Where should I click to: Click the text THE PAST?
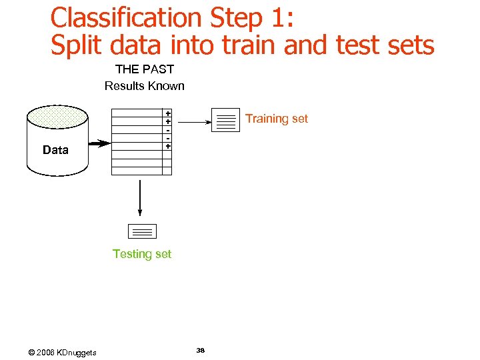[x=145, y=69]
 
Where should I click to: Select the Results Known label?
[x=145, y=85]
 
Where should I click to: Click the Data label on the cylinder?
[x=55, y=150]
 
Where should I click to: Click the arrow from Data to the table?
[x=100, y=143]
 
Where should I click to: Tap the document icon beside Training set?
[x=225, y=120]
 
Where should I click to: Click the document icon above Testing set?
[x=141, y=232]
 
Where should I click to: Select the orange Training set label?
[x=277, y=119]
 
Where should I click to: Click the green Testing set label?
[x=142, y=254]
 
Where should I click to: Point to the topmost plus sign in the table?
[x=168, y=113]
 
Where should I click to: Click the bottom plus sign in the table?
[x=168, y=146]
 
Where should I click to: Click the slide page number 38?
[x=201, y=350]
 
